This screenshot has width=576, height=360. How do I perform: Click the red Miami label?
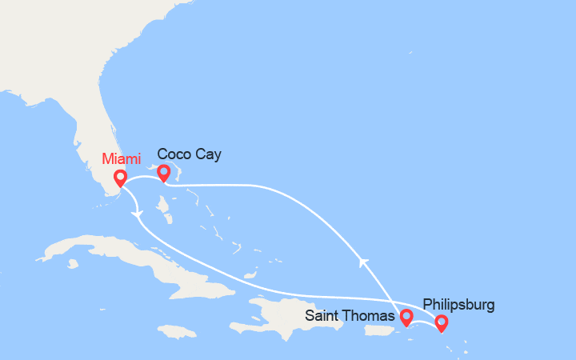click(120, 158)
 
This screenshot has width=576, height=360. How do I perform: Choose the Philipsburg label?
click(458, 304)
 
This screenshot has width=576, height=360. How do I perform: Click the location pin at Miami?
click(120, 178)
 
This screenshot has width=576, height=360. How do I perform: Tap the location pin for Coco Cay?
click(164, 172)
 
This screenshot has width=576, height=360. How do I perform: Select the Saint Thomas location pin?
click(406, 318)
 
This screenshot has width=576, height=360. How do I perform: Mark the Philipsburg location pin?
click(441, 322)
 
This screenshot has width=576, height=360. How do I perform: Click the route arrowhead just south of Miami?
click(140, 214)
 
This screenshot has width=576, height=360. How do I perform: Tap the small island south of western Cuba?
click(73, 262)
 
